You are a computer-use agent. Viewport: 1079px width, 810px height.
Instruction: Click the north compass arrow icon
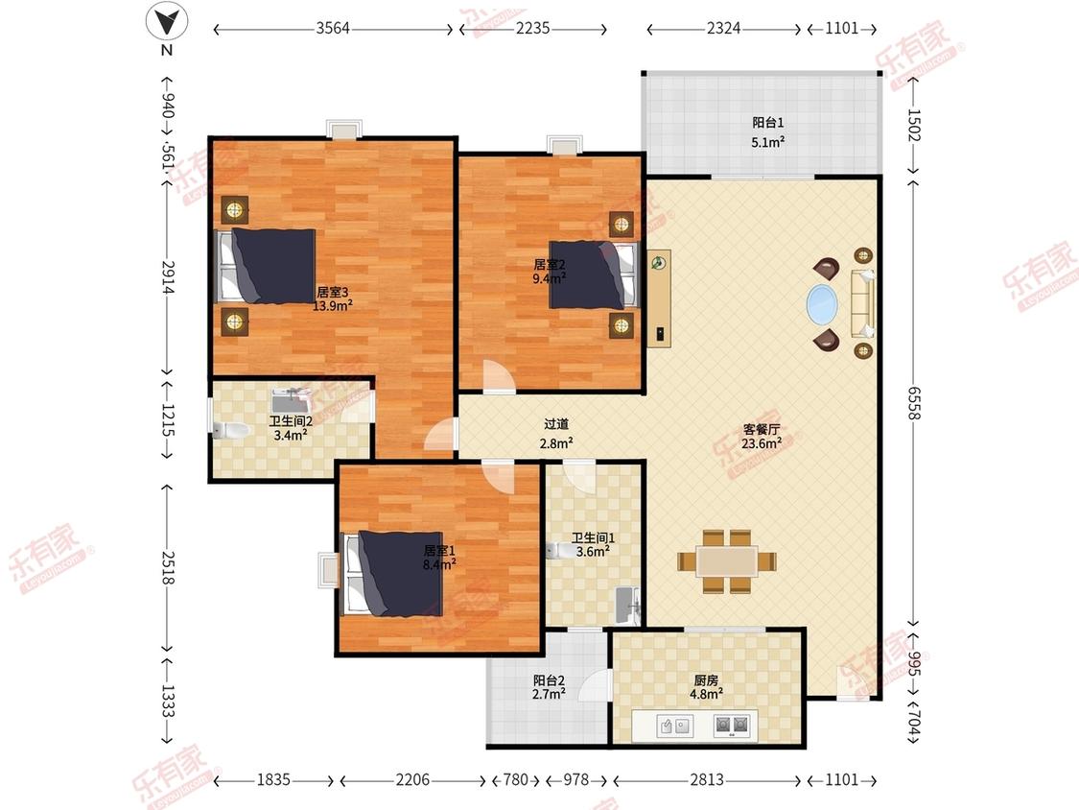click(167, 21)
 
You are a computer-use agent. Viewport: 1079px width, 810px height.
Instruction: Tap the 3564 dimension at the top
click(333, 28)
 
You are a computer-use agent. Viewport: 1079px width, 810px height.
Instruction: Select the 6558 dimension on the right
click(914, 402)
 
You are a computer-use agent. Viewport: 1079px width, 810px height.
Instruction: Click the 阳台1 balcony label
click(768, 123)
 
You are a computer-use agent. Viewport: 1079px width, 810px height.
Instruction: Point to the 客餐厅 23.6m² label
click(762, 437)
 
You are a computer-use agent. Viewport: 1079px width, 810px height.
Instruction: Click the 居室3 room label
click(333, 292)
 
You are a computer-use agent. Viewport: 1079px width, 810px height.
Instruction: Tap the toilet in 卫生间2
click(230, 431)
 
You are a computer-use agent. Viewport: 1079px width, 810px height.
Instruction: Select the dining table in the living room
click(727, 560)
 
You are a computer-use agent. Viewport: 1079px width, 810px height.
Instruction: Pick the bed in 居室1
click(393, 573)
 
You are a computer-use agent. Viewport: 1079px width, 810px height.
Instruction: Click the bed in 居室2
click(594, 274)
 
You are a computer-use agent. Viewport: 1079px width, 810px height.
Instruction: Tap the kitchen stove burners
click(731, 725)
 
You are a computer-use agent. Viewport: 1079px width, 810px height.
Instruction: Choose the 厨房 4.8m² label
click(706, 687)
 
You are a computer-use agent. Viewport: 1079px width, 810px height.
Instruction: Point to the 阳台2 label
click(549, 680)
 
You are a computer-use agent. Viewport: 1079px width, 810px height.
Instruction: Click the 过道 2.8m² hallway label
click(556, 434)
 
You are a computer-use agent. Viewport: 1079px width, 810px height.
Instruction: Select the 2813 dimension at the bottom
click(707, 779)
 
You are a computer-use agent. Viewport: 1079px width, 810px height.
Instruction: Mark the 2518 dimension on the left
click(167, 567)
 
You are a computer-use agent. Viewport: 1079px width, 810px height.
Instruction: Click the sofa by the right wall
click(863, 303)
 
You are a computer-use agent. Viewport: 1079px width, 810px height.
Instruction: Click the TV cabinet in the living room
click(659, 299)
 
